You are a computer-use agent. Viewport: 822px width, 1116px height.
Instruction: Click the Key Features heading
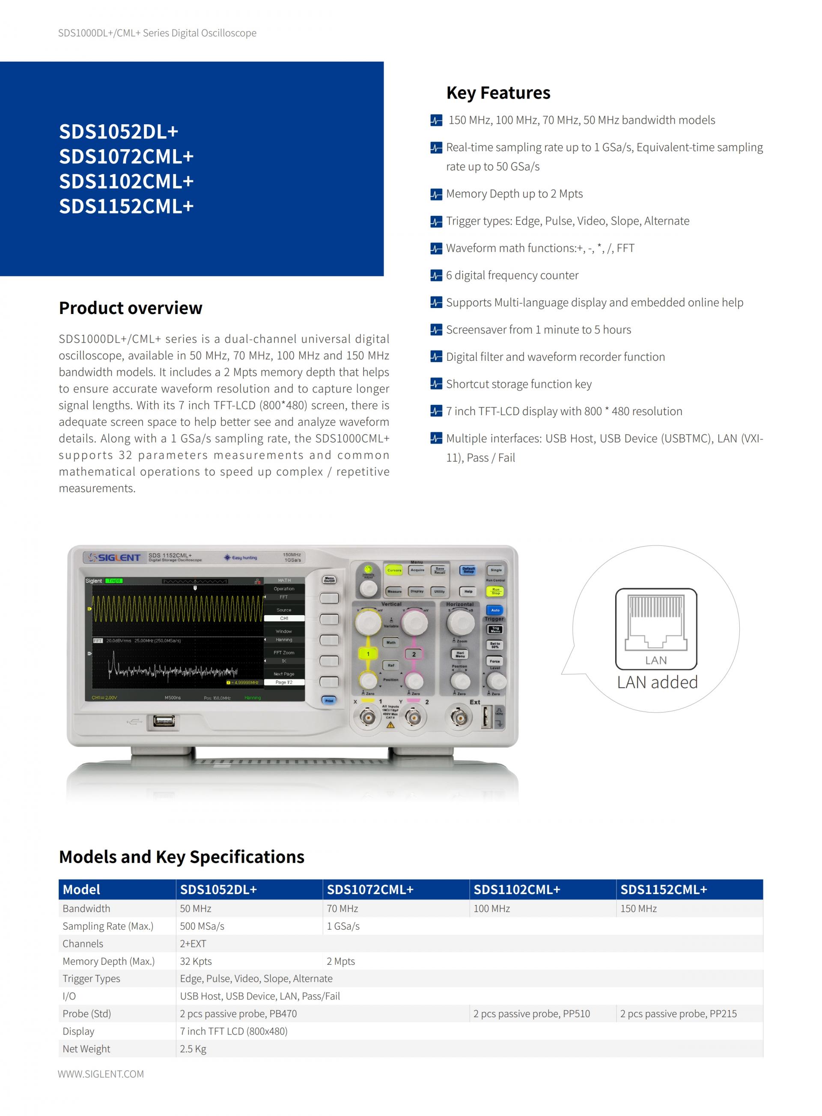[x=498, y=93]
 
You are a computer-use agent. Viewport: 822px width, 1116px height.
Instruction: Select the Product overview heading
[x=131, y=308]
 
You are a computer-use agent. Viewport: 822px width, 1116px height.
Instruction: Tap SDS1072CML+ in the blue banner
[x=126, y=157]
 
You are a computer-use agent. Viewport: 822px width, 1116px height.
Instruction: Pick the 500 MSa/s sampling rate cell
[x=202, y=926]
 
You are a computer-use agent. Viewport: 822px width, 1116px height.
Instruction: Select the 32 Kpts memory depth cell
[x=196, y=961]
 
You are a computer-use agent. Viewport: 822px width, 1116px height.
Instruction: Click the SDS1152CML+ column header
[x=663, y=889]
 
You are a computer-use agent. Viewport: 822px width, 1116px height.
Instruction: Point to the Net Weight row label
[x=86, y=1049]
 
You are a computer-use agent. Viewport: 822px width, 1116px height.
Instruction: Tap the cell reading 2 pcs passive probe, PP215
[x=678, y=1014]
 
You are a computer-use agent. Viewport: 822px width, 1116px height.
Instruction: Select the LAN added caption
[x=657, y=682]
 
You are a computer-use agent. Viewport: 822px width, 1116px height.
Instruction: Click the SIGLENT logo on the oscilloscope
[x=114, y=557]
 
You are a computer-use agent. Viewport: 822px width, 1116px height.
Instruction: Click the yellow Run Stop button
[x=496, y=591]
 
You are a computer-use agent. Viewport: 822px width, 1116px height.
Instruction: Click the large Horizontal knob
[x=461, y=622]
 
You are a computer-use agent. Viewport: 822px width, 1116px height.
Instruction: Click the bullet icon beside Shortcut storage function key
[x=436, y=384]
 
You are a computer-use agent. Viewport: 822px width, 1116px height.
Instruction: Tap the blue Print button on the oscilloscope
[x=329, y=700]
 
